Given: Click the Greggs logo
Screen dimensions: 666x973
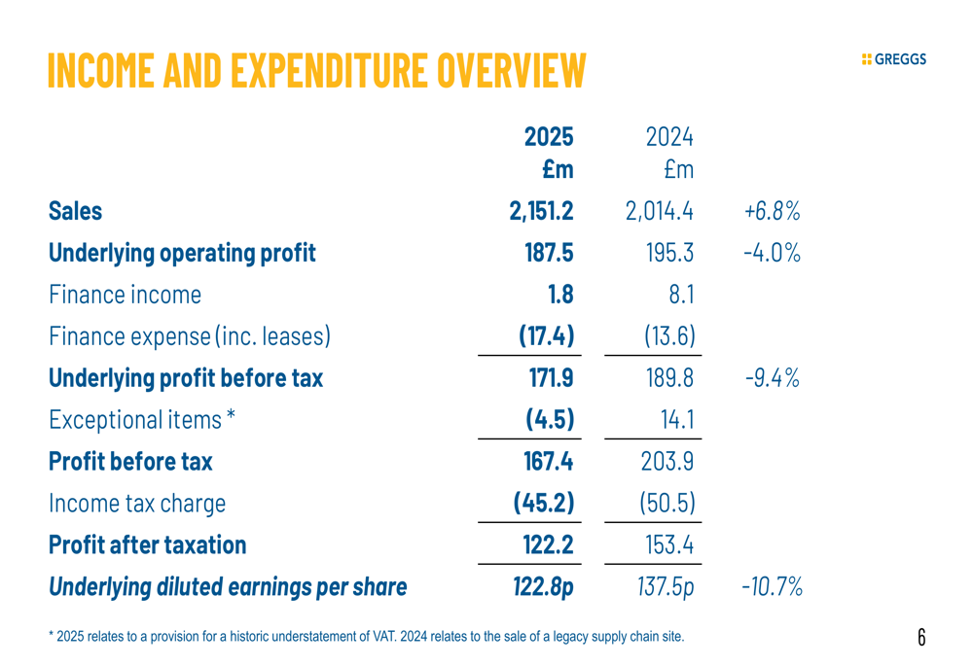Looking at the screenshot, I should [x=894, y=59].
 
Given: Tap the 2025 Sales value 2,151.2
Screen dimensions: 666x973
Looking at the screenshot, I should [x=541, y=211].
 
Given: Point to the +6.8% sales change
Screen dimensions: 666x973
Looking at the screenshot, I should [x=771, y=211].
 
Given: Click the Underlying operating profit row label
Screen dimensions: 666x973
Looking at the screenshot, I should [x=182, y=253].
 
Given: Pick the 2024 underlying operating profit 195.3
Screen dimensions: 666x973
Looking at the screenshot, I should [x=669, y=253].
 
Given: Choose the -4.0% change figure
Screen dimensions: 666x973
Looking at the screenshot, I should [x=771, y=253].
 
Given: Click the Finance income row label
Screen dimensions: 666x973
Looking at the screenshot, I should [x=126, y=295].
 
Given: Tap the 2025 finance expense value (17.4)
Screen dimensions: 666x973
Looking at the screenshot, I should [x=546, y=336].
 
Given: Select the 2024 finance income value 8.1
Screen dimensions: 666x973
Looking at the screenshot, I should [x=680, y=295].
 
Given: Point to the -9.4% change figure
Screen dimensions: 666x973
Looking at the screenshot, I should [x=771, y=378].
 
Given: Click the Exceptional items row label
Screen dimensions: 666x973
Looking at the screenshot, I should [x=143, y=420].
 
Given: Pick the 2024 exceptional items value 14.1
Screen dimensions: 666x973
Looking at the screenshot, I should [x=676, y=420].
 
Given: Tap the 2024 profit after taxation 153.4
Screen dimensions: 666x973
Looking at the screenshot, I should [x=669, y=544].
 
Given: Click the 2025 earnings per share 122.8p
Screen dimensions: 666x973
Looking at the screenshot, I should [x=543, y=586].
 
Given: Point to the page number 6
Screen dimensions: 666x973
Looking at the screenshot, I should [x=920, y=637].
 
